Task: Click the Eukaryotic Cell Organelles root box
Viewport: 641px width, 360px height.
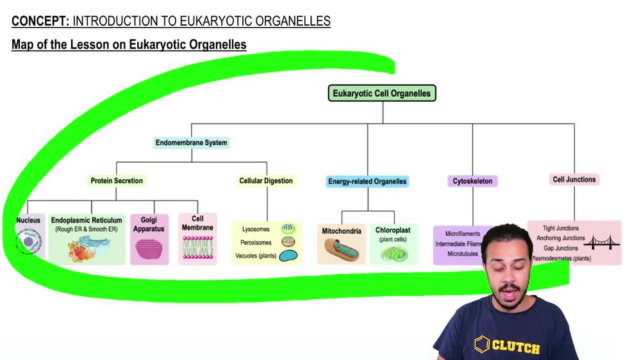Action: (383, 94)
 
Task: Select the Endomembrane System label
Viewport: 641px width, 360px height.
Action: (191, 142)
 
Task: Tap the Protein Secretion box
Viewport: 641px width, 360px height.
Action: (117, 181)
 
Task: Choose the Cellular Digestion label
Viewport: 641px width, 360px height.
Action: (266, 181)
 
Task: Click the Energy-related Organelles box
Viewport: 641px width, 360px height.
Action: (367, 181)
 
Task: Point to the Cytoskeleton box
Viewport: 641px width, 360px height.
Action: (472, 181)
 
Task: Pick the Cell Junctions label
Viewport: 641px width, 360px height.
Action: (574, 179)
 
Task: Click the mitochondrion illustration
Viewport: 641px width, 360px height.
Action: (342, 250)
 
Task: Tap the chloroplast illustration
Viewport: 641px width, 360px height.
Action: (393, 254)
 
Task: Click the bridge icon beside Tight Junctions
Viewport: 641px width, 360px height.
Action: (601, 242)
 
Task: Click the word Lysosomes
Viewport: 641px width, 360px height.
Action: (256, 229)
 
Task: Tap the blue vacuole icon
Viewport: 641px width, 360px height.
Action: (290, 256)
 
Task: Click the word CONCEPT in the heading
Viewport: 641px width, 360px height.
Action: (40, 21)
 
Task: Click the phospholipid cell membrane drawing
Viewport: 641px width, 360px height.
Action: (197, 247)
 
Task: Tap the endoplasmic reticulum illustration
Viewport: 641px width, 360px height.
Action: (87, 248)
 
